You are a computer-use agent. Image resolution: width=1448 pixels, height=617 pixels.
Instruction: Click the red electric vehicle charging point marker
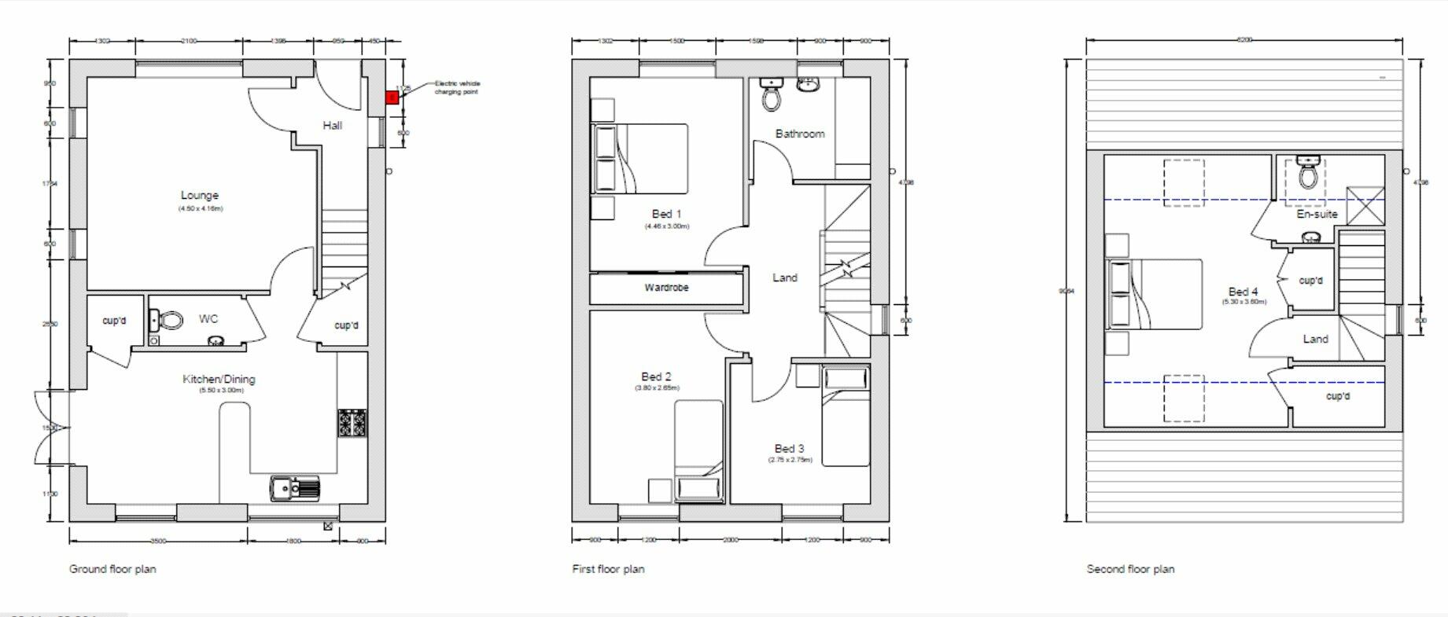(x=392, y=97)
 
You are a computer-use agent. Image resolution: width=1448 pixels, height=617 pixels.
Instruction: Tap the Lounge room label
(x=200, y=196)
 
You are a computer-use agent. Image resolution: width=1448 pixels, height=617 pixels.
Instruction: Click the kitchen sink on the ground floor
(x=295, y=487)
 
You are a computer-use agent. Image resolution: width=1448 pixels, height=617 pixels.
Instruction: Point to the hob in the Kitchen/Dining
(x=352, y=424)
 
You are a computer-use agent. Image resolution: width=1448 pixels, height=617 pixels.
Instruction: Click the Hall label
(x=332, y=126)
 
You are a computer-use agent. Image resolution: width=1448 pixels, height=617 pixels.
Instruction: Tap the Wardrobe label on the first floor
(x=666, y=288)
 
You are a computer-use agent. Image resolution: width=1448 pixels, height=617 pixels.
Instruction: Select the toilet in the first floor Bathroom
(x=772, y=97)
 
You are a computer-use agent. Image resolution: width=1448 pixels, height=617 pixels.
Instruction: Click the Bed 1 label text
(x=666, y=214)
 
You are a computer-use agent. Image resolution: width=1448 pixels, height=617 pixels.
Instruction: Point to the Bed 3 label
(x=789, y=449)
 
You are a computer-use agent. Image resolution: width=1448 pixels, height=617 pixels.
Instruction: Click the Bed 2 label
(x=656, y=377)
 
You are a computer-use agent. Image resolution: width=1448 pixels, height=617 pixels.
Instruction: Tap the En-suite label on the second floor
(x=1317, y=214)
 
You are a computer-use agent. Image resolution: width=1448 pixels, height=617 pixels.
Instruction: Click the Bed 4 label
(x=1243, y=292)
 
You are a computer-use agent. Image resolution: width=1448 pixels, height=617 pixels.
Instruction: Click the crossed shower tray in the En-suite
(x=1365, y=206)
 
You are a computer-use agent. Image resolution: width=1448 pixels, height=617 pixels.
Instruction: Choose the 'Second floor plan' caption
(x=1130, y=569)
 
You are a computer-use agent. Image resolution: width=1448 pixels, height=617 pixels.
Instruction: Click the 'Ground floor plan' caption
(x=112, y=569)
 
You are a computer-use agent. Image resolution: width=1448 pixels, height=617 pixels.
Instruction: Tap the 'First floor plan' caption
(x=608, y=569)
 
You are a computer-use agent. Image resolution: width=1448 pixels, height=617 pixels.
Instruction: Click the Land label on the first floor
(x=784, y=277)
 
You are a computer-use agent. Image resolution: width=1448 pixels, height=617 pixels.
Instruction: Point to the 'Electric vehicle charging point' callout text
(x=457, y=87)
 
